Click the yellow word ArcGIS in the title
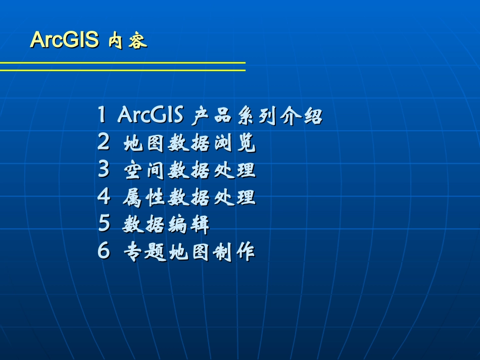[64, 40]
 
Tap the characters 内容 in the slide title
[128, 41]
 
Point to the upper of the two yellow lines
[122, 63]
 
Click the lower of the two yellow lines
[122, 70]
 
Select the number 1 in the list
[102, 116]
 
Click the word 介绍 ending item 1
[301, 117]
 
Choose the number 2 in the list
[103, 143]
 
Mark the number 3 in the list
[103, 170]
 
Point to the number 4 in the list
[103, 197]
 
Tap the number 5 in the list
[104, 224]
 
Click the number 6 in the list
[103, 251]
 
